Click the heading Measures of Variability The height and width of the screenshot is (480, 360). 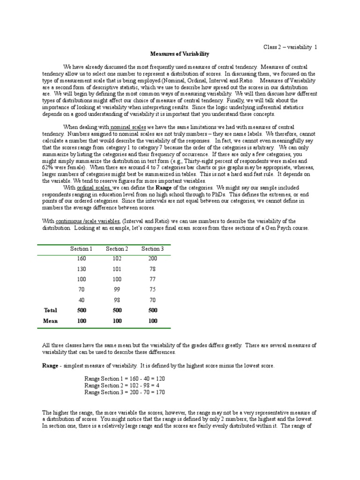[x=180, y=54]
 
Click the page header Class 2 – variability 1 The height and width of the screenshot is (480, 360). [x=290, y=47]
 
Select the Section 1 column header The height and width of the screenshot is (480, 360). [x=82, y=249]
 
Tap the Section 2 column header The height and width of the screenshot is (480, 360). [x=117, y=249]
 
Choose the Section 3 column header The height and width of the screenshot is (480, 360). [x=152, y=249]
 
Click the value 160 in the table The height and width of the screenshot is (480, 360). [x=82, y=259]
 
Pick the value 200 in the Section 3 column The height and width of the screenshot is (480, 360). [x=152, y=259]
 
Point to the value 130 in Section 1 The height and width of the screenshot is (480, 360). [x=82, y=269]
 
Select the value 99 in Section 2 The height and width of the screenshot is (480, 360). [x=117, y=290]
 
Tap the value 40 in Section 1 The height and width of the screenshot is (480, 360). [x=82, y=300]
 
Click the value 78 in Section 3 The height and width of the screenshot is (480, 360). [x=152, y=269]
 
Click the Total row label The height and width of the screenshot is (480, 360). [x=50, y=310]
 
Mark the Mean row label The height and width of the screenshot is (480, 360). [x=50, y=321]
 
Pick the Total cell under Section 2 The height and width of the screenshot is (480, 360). [x=117, y=310]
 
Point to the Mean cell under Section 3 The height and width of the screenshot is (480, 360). [x=152, y=321]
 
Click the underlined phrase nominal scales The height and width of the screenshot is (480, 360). [x=128, y=127]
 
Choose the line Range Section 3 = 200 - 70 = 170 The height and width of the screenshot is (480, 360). [x=125, y=392]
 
